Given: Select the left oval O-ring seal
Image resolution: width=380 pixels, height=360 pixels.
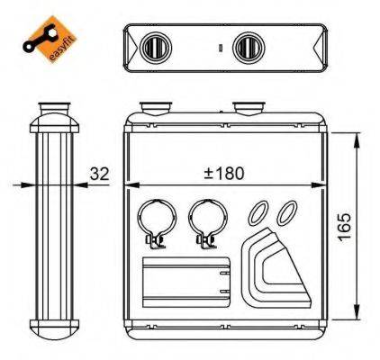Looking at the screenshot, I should (258, 212).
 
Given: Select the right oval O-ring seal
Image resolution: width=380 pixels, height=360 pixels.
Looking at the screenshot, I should (285, 212).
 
